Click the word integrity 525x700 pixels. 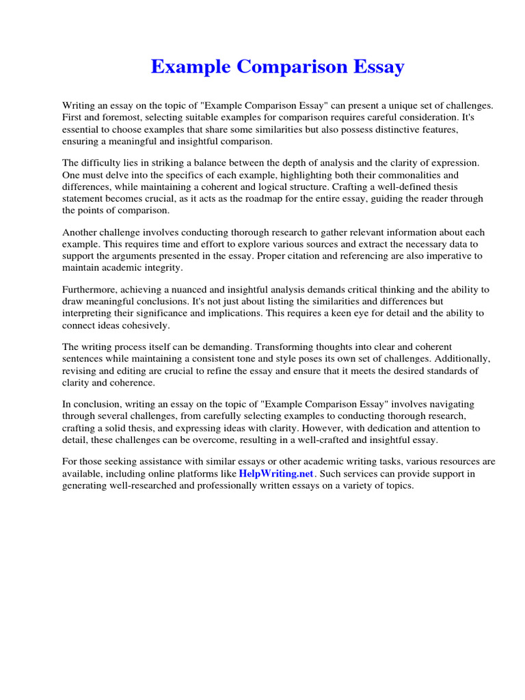161,267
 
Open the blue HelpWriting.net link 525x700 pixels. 275,474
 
